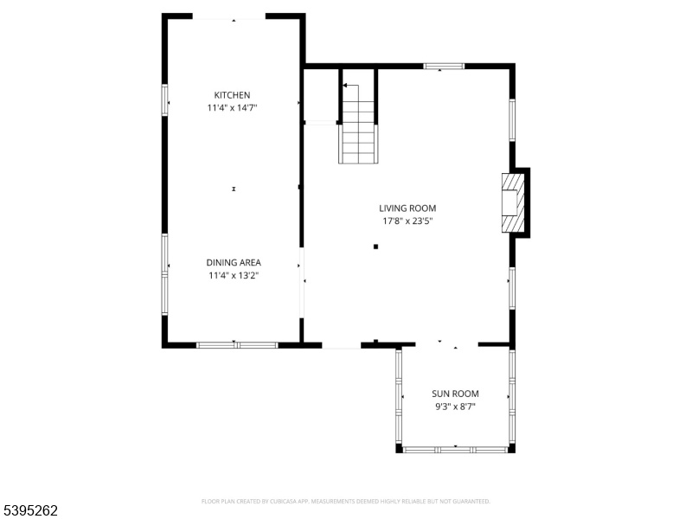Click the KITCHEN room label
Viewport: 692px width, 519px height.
pyautogui.click(x=232, y=95)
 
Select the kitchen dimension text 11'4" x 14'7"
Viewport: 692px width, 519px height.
pyautogui.click(x=232, y=107)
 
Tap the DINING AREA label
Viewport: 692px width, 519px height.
pyautogui.click(x=234, y=263)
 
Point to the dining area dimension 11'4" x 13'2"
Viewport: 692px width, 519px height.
pyautogui.click(x=234, y=276)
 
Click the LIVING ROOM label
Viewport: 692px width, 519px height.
pyautogui.click(x=407, y=208)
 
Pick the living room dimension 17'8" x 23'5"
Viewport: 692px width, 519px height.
pyautogui.click(x=407, y=221)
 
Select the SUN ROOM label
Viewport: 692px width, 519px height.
pyautogui.click(x=455, y=394)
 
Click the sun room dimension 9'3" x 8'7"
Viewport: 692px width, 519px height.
pyautogui.click(x=455, y=407)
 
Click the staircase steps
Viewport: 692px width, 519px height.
pyautogui.click(x=358, y=131)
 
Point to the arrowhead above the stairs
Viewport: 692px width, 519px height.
pyautogui.click(x=345, y=85)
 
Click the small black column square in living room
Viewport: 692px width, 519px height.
pyautogui.click(x=375, y=247)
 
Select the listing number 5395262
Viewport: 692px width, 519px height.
pyautogui.click(x=29, y=510)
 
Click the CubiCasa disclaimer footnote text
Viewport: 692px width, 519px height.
pyautogui.click(x=345, y=502)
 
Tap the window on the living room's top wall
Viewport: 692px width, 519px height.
pyautogui.click(x=444, y=67)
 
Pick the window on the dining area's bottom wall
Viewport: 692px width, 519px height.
pyautogui.click(x=237, y=345)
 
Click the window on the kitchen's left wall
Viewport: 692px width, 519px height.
pyautogui.click(x=164, y=100)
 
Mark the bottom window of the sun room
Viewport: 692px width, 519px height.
pyautogui.click(x=456, y=450)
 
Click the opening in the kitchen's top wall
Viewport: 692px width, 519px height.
pyautogui.click(x=229, y=17)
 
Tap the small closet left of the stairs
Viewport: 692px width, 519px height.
pyautogui.click(x=322, y=95)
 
